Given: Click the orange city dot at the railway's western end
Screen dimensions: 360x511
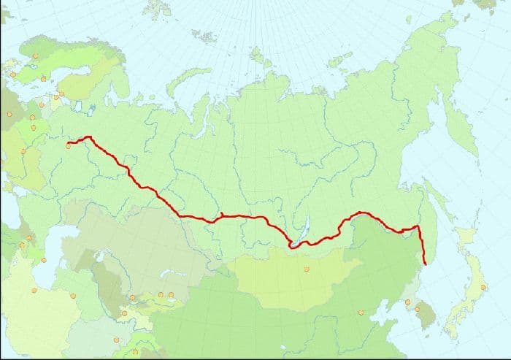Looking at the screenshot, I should pos(69,145).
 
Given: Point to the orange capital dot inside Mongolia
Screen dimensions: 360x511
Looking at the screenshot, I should pos(307,269).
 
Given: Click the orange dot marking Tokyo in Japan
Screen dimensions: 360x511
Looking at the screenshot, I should pos(483,287).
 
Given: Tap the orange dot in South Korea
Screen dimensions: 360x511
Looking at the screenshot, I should pos(417,309).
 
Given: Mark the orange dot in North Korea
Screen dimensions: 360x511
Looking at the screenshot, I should pos(407,301).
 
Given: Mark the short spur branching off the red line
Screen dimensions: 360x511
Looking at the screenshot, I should pos(220,214).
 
